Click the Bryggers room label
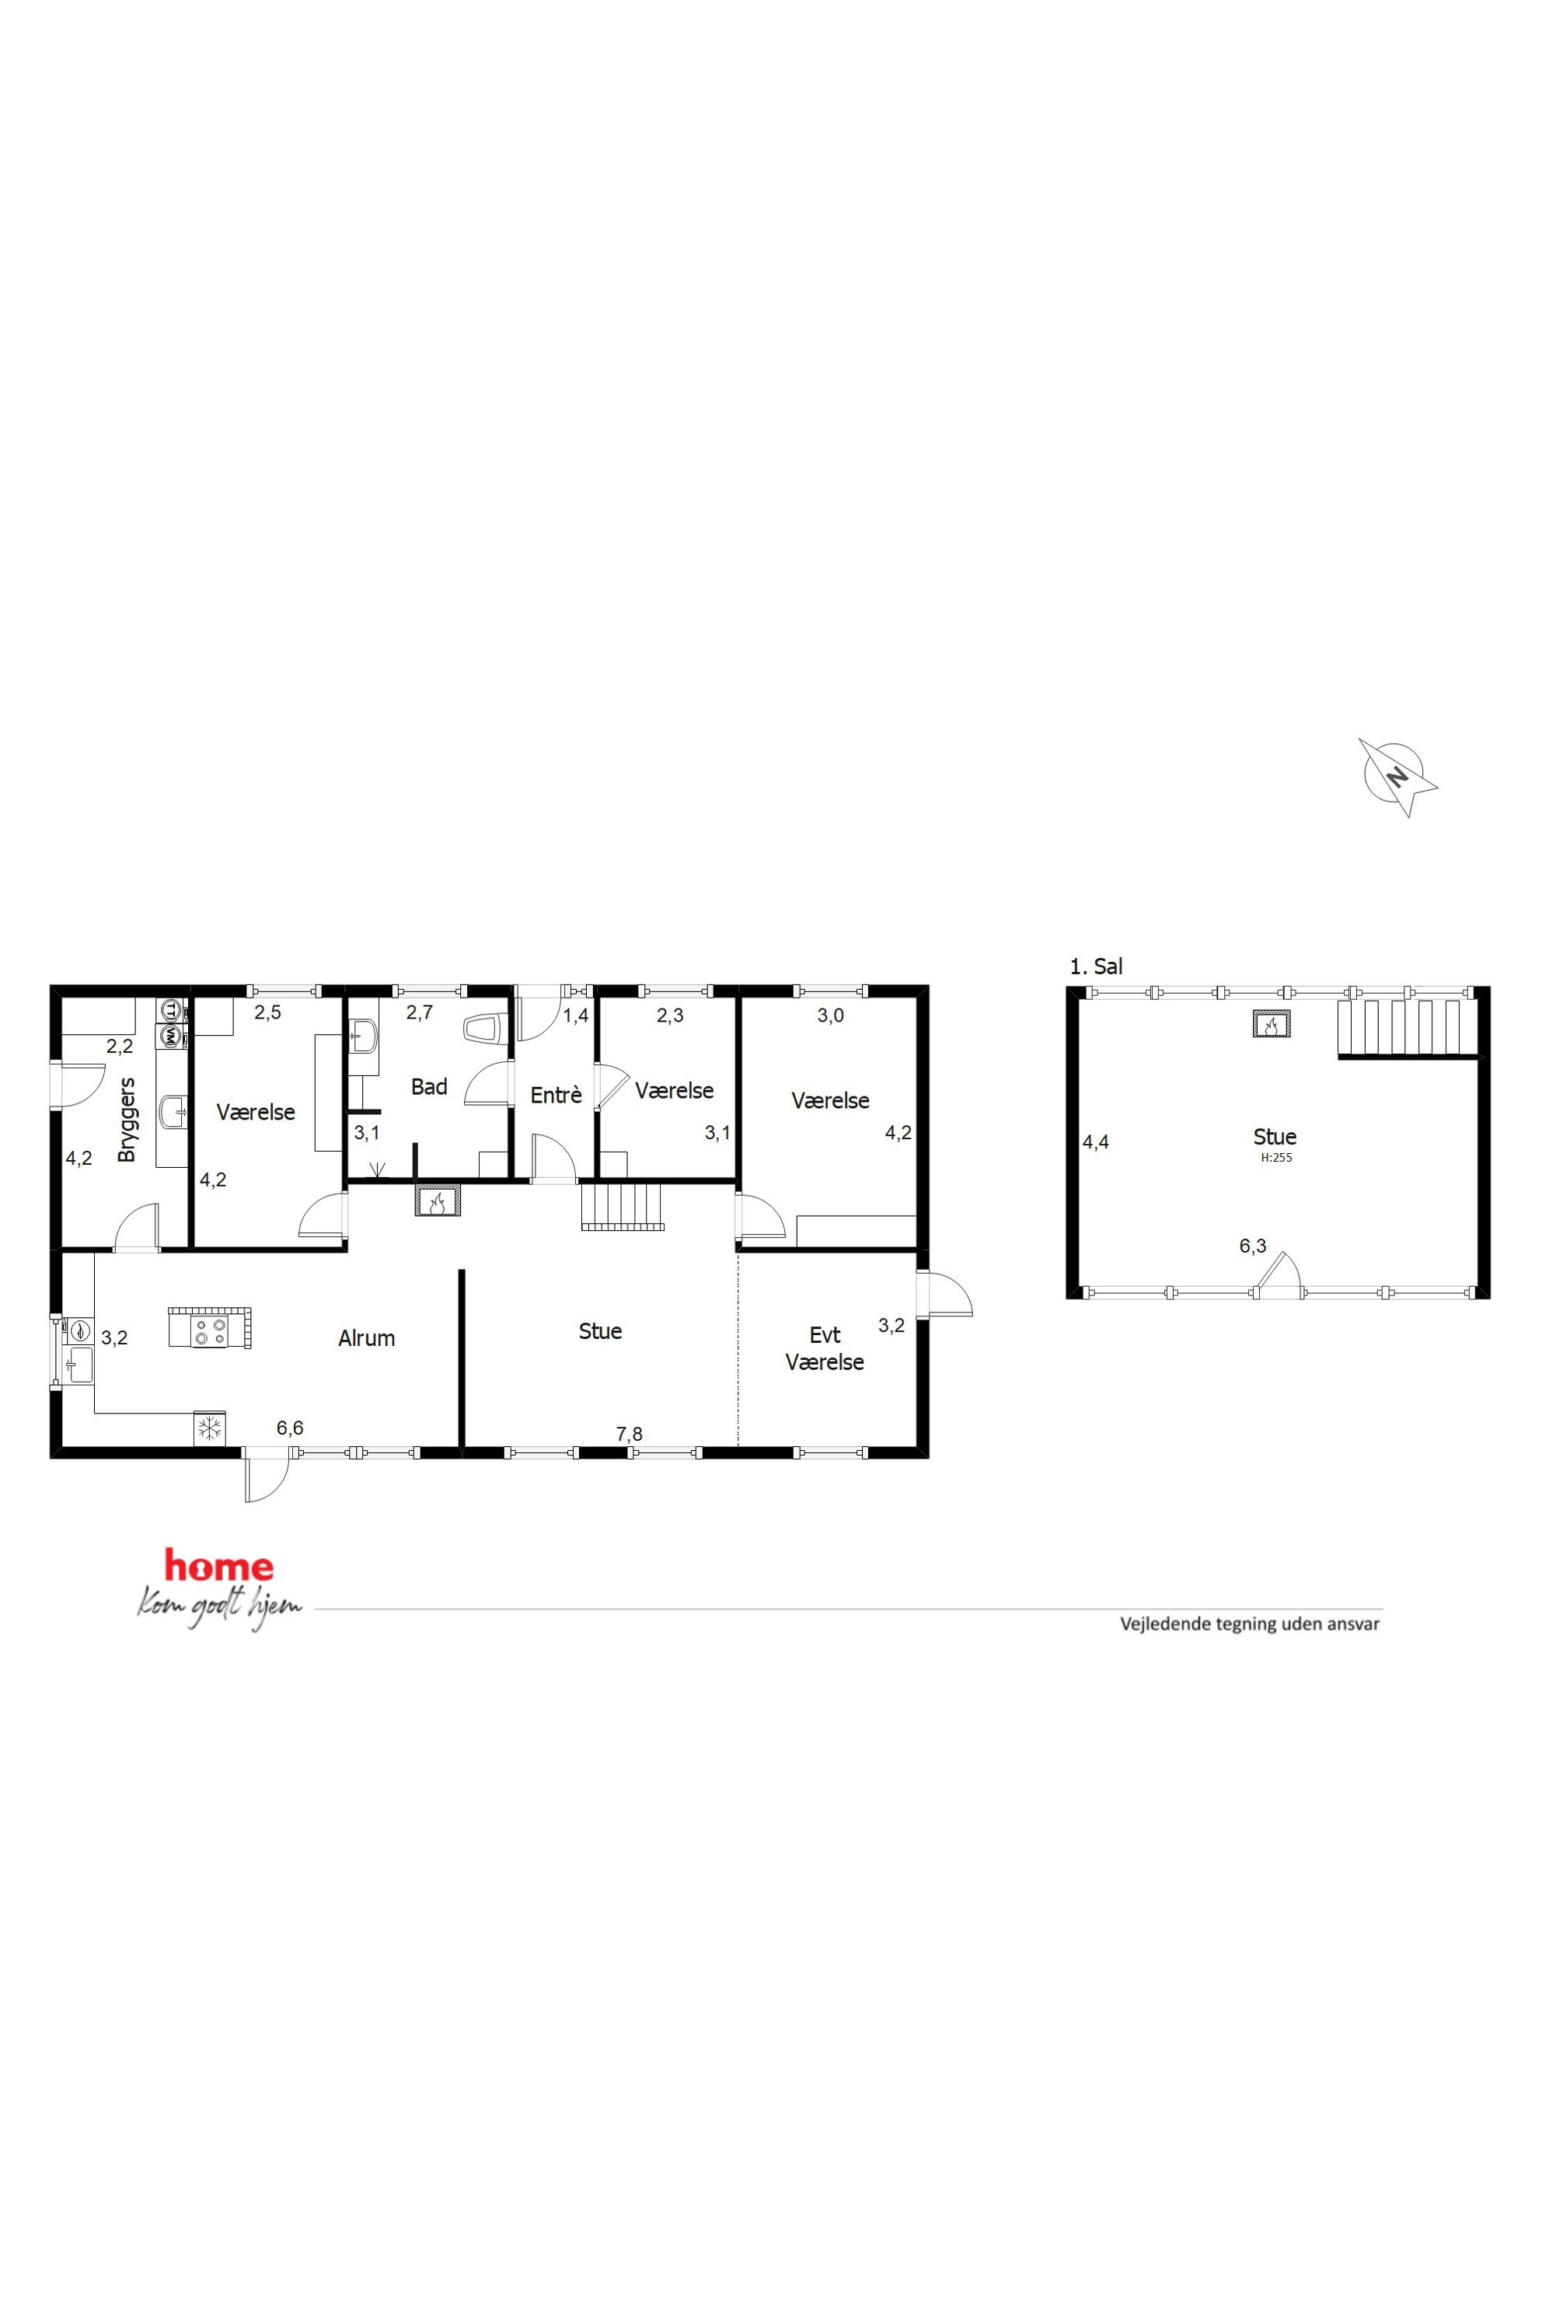tap(126, 1120)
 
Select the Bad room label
tap(429, 1086)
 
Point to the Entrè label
tap(556, 1095)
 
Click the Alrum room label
tap(367, 1338)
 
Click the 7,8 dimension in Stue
tap(630, 1435)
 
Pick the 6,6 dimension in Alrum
tap(290, 1428)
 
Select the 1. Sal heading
tap(1096, 966)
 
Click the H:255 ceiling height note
tap(1276, 1158)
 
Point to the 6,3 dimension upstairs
tap(1253, 1246)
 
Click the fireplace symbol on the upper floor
tap(1271, 1024)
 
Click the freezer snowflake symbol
tap(210, 1428)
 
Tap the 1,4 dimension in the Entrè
tap(575, 1015)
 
